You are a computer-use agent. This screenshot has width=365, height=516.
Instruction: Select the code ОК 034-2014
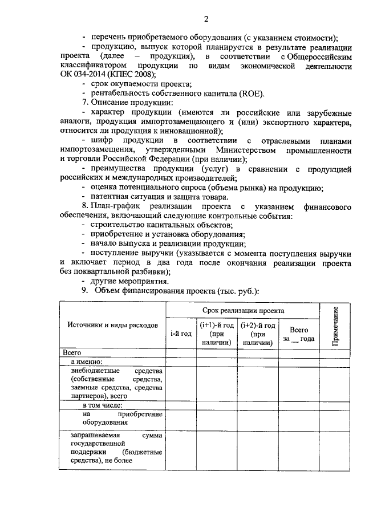point(80,75)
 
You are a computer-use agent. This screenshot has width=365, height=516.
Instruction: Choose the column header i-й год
point(181,333)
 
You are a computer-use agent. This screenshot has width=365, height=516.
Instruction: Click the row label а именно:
point(86,361)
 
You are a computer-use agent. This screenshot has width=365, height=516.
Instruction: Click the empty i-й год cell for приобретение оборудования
point(181,419)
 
